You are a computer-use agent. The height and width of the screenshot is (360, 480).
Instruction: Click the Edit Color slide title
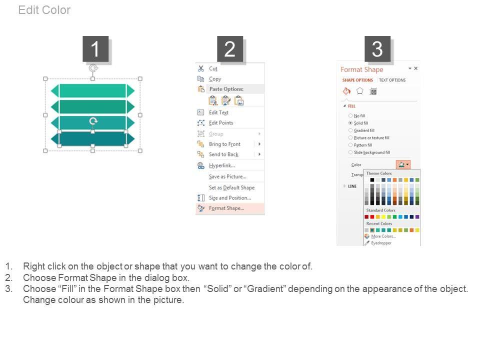(x=44, y=10)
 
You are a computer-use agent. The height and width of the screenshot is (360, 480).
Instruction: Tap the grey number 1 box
(x=95, y=49)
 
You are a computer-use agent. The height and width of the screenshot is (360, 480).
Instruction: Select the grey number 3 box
(x=377, y=49)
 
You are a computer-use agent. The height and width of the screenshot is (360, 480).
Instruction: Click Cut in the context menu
(x=213, y=69)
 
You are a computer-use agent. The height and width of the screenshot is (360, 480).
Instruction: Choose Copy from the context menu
(x=215, y=79)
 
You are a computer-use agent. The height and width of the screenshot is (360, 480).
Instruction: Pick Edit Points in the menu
(x=221, y=123)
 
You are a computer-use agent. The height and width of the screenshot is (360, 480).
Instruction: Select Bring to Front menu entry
(x=224, y=144)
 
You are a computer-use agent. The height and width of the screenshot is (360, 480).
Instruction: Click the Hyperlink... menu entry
(x=222, y=165)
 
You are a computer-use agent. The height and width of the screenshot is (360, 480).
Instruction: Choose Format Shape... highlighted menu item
(x=226, y=208)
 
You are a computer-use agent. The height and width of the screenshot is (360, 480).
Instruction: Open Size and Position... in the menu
(x=230, y=198)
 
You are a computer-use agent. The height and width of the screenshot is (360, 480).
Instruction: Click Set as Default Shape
(x=231, y=187)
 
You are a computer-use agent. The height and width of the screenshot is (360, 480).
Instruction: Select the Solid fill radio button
(x=350, y=123)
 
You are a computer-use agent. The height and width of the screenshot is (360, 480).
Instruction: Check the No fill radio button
(x=350, y=115)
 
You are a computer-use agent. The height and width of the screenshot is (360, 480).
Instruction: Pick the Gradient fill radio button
(x=350, y=130)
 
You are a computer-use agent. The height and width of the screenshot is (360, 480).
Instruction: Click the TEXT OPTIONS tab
(x=392, y=80)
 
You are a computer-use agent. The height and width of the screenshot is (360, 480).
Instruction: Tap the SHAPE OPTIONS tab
(x=357, y=80)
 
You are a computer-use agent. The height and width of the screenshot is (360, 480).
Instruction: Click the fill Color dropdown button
(x=403, y=164)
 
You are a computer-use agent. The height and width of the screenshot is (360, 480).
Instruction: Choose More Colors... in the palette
(x=383, y=236)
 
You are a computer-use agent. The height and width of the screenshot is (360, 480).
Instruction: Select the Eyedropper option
(x=381, y=243)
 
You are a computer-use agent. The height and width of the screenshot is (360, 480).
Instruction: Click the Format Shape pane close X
(x=415, y=68)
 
